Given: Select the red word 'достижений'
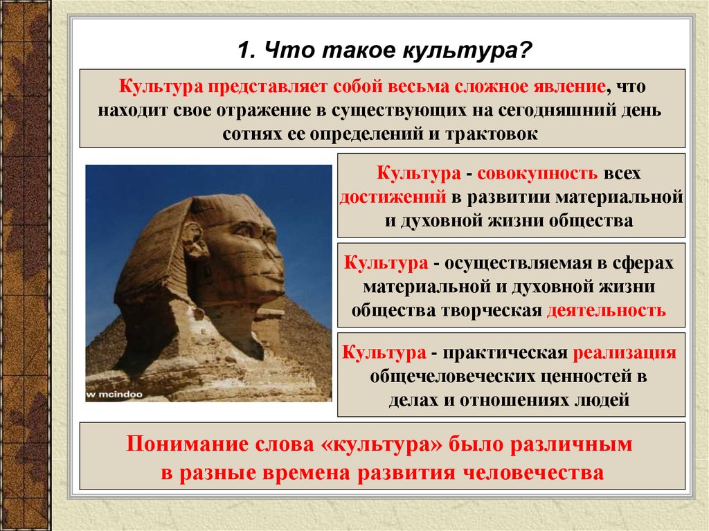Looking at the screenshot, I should [392, 197].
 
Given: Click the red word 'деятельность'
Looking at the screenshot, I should [606, 309].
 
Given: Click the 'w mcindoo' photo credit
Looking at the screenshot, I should [112, 395].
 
